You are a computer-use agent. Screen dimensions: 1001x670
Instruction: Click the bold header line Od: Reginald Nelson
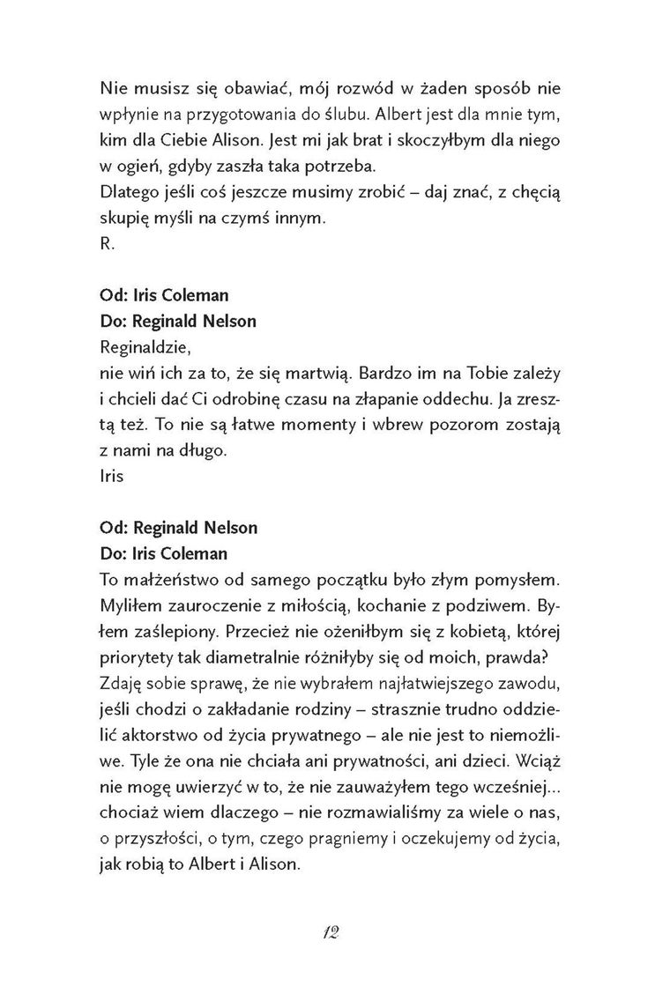180,529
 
